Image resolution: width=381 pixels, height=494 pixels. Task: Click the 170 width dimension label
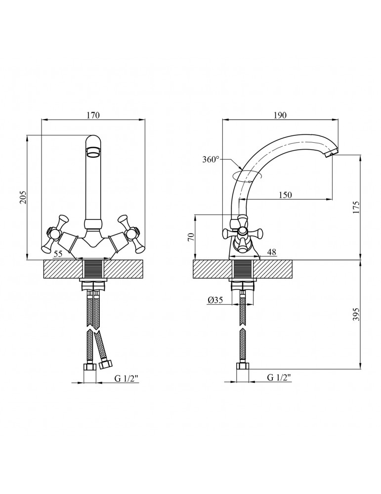pyautogui.click(x=93, y=115)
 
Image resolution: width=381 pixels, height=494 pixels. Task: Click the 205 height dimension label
pyautogui.click(x=23, y=198)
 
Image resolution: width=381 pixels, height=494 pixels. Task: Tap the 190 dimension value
pyautogui.click(x=280, y=115)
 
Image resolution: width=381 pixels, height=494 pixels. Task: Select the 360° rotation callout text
pyautogui.click(x=211, y=160)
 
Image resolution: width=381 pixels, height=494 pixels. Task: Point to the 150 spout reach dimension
pyautogui.click(x=286, y=195)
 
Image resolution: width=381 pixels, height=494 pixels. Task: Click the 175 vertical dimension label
pyautogui.click(x=356, y=207)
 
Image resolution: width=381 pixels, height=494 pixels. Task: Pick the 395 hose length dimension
pyautogui.click(x=356, y=314)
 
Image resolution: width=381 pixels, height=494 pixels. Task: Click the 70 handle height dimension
pyautogui.click(x=190, y=237)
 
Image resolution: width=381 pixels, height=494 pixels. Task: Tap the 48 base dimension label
pyautogui.click(x=272, y=252)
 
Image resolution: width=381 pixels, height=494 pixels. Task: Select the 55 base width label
pyautogui.click(x=58, y=254)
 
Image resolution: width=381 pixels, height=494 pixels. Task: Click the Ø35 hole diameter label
pyautogui.click(x=215, y=300)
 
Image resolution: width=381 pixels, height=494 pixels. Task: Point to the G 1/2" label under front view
pyautogui.click(x=127, y=379)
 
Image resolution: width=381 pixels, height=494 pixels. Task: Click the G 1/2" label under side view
pyautogui.click(x=279, y=377)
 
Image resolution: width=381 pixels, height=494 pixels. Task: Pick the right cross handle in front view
pyautogui.click(x=130, y=234)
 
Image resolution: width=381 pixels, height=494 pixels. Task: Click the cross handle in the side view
pyautogui.click(x=242, y=233)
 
